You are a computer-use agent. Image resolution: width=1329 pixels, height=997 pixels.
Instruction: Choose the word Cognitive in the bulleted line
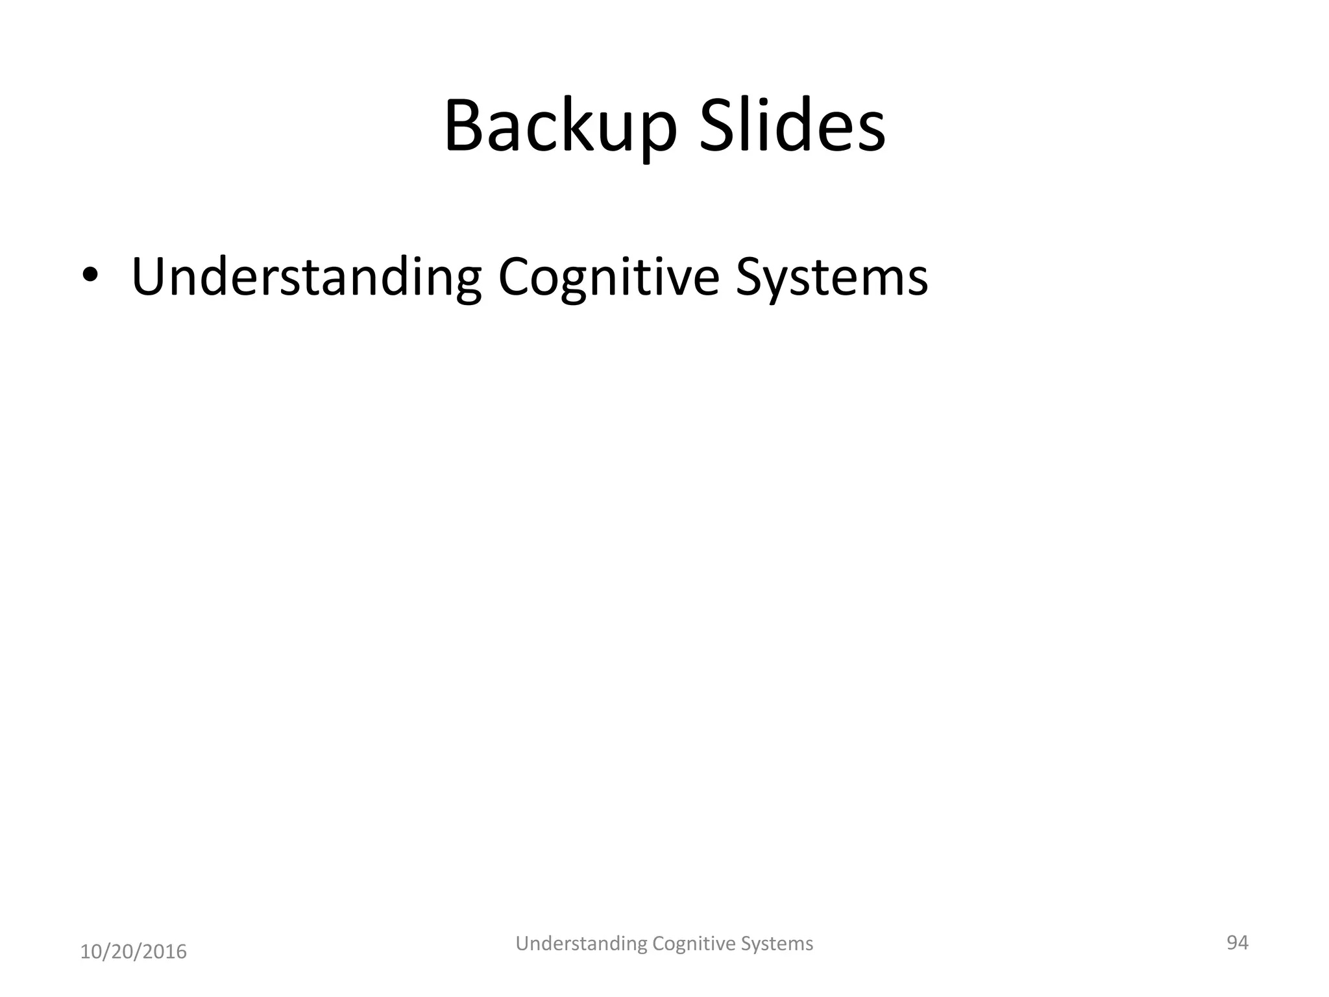(608, 278)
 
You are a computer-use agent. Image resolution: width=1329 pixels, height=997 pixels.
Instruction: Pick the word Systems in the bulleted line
(831, 278)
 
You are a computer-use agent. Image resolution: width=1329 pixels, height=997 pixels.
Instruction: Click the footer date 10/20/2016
(133, 952)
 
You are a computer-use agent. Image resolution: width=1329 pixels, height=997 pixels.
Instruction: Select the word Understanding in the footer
(581, 944)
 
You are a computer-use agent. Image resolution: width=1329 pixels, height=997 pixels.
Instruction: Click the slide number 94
(1237, 942)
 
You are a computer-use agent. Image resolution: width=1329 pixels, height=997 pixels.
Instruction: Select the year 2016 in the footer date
(165, 952)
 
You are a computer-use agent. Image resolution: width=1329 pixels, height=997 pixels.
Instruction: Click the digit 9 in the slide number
(1232, 942)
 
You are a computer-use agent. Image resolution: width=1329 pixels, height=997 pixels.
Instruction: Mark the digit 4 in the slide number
(1243, 942)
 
